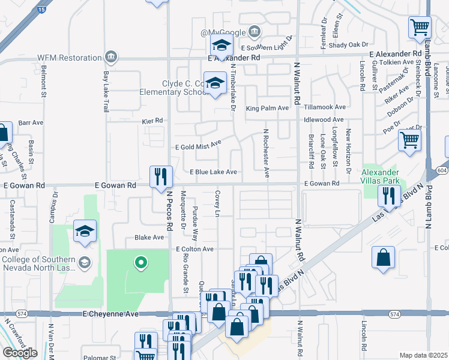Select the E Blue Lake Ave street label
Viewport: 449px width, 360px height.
pyautogui.click(x=213, y=172)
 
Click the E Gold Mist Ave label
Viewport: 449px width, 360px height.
pyautogui.click(x=198, y=145)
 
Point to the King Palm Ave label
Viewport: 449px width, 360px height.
pyautogui.click(x=267, y=107)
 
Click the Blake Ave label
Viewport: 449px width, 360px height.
pyautogui.click(x=149, y=238)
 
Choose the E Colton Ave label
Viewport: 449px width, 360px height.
pyautogui.click(x=194, y=248)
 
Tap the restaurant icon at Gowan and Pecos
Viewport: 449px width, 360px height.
pyautogui.click(x=161, y=176)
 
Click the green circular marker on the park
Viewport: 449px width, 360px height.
pyautogui.click(x=140, y=262)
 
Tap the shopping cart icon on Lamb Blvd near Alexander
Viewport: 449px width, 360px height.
pyautogui.click(x=420, y=27)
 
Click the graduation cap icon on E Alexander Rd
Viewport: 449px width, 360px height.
pyautogui.click(x=221, y=45)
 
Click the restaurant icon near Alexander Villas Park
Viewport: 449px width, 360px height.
pyautogui.click(x=388, y=195)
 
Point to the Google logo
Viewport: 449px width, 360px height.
pyautogui.click(x=20, y=353)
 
